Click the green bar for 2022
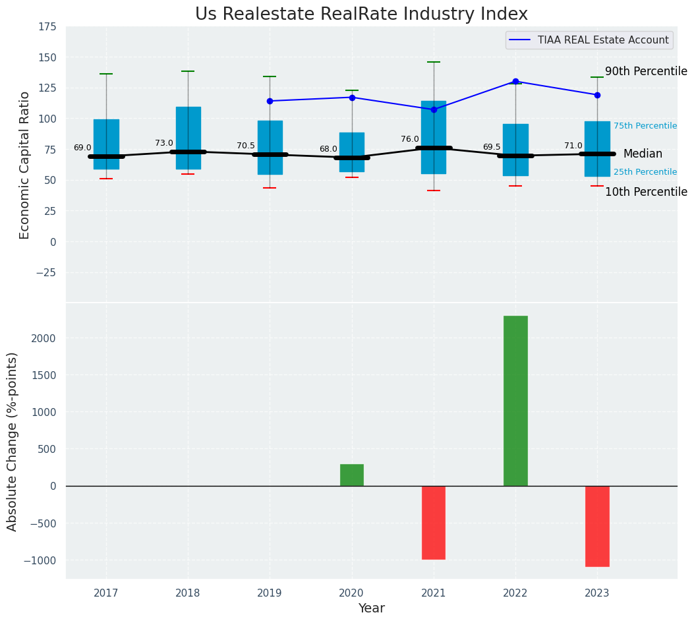point(515,401)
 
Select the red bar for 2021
point(434,522)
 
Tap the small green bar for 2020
point(352,475)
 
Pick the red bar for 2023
point(597,526)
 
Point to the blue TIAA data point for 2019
point(270,101)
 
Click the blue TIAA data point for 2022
point(515,82)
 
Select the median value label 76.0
point(409,139)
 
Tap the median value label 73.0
point(164,143)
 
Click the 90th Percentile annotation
point(646,72)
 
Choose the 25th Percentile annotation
point(645,172)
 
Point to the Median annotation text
point(643,154)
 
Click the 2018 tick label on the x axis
point(188,593)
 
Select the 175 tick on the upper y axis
point(47,27)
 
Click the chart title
point(361,15)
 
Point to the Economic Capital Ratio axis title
point(25,165)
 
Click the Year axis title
point(371,608)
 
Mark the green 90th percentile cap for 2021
point(434,62)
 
